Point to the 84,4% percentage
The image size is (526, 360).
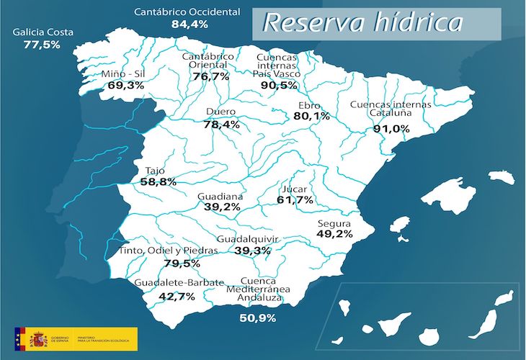[190, 24]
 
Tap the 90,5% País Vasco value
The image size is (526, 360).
[279, 85]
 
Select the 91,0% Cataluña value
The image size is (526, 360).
[391, 128]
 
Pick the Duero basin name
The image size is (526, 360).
[220, 112]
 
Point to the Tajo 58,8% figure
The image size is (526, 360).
[159, 182]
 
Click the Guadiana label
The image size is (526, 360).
[220, 196]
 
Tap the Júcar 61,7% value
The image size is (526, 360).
[295, 199]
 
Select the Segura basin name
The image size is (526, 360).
[334, 223]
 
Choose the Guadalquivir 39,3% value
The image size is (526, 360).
[252, 251]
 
